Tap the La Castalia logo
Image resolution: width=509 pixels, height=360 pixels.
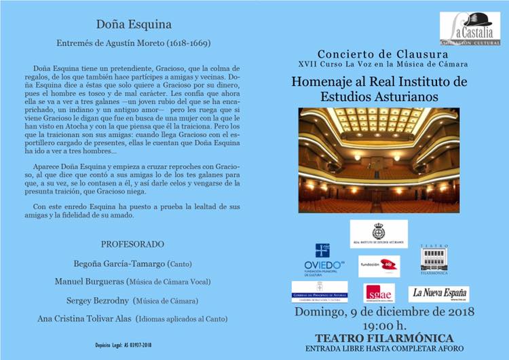click(470, 28)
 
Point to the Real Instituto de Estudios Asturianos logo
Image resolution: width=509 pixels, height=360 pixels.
click(379, 234)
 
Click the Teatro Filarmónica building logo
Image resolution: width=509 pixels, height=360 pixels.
click(434, 260)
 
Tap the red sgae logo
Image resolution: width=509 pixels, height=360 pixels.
click(379, 293)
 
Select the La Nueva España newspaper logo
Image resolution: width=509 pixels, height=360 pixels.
click(438, 293)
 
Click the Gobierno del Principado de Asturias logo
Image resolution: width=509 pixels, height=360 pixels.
click(319, 292)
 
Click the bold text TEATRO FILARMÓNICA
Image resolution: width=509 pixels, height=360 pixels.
click(384, 338)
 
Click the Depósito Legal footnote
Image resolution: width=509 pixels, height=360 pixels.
click(123, 345)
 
